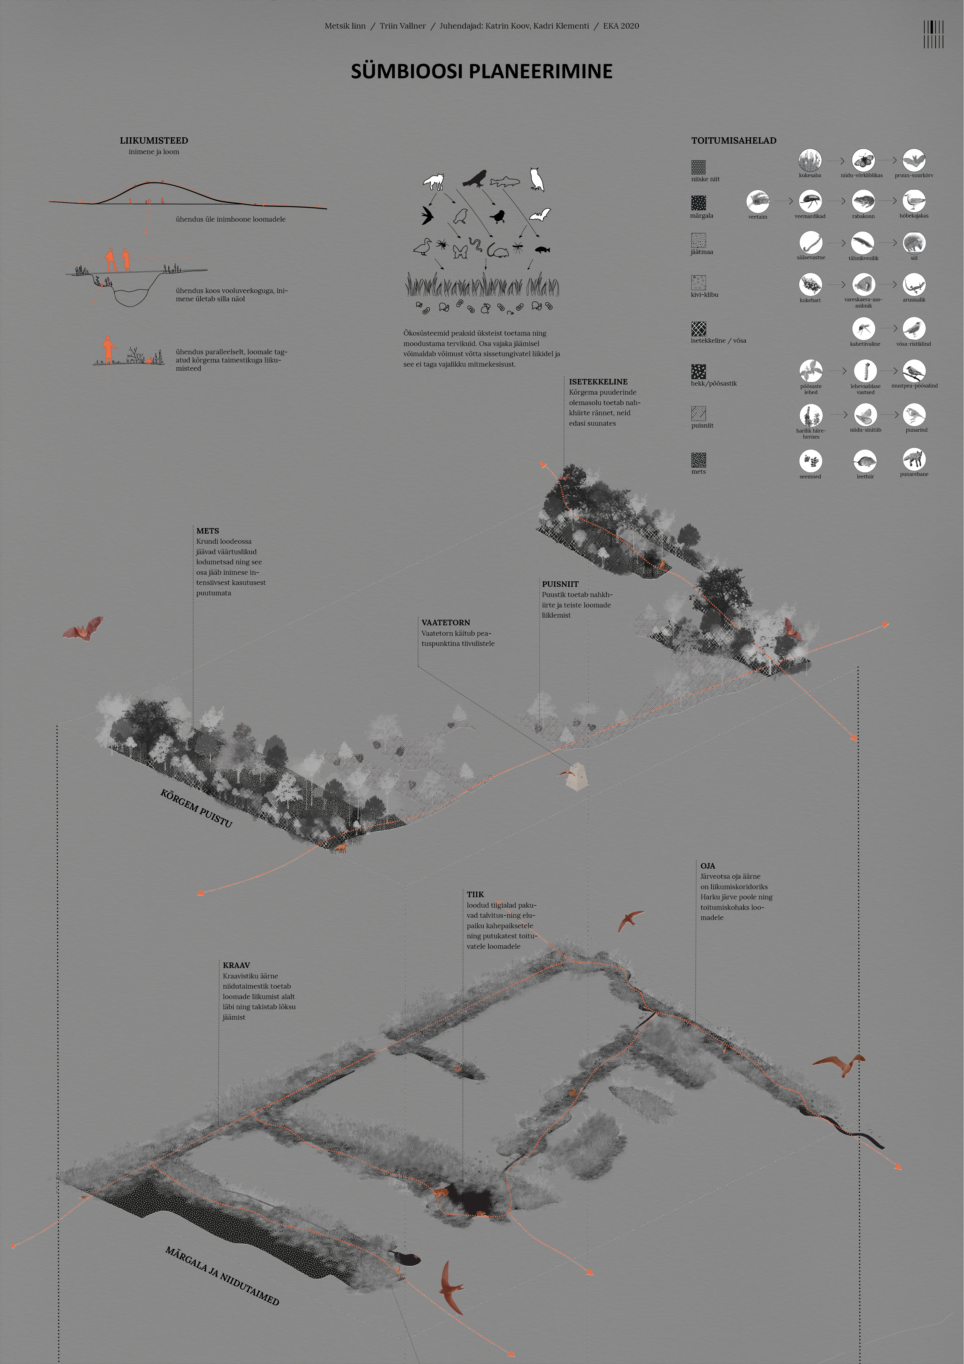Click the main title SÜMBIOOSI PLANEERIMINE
coord(481,71)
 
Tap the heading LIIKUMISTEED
coord(154,141)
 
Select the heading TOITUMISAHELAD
coord(733,141)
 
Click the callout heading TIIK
coord(475,894)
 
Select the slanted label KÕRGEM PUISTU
coord(196,808)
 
